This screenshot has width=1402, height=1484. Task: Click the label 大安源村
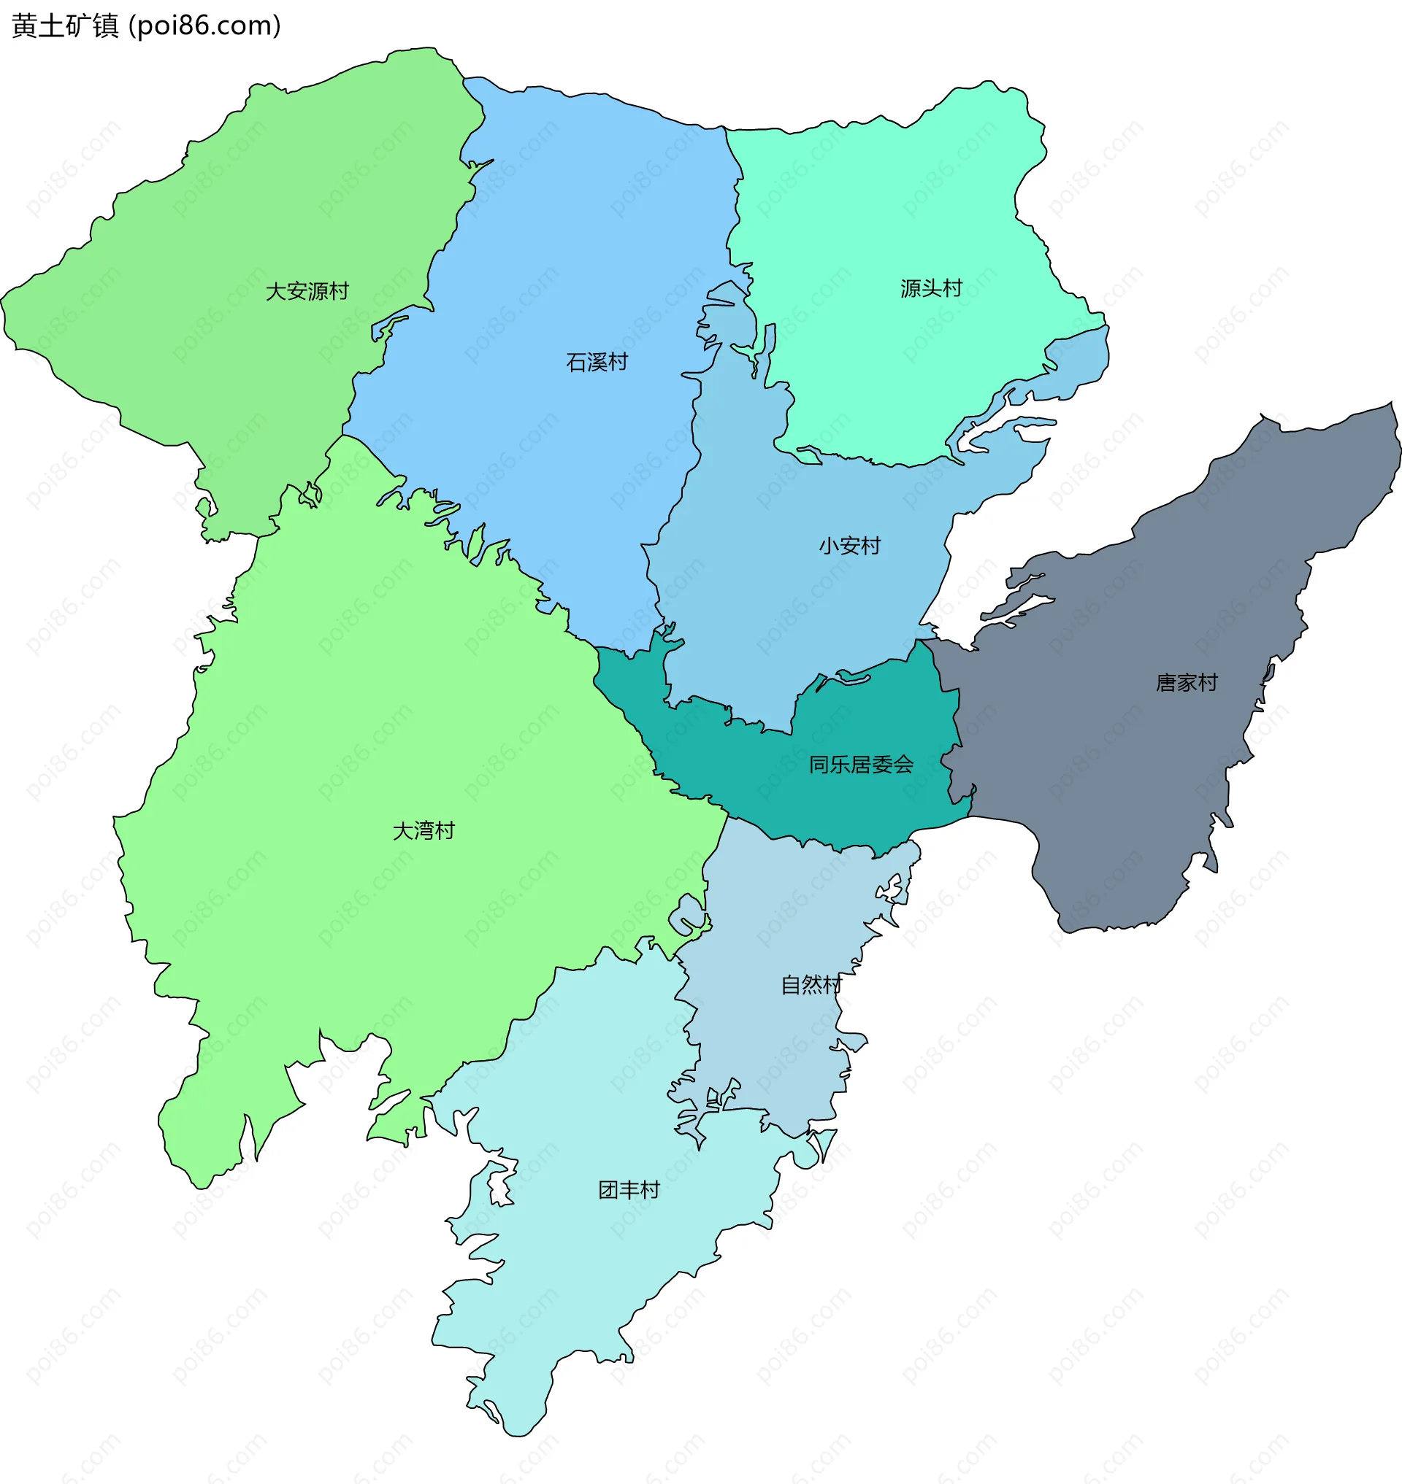pos(307,291)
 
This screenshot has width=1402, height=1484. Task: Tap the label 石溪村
pos(597,362)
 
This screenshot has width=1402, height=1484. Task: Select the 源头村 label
pos(931,288)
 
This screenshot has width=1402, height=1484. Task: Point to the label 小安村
pos(850,546)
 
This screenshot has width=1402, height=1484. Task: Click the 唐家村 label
pos(1187,683)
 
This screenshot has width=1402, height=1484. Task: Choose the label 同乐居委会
pos(861,765)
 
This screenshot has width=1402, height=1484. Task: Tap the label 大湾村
pos(424,830)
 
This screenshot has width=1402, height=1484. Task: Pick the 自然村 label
pos(811,985)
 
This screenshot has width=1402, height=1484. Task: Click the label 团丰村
pos(629,1190)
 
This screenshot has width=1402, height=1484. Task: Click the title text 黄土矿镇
pos(66,26)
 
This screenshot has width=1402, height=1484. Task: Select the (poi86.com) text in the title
pos(204,26)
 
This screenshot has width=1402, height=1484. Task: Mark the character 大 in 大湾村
pos(404,830)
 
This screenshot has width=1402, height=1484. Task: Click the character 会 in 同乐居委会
pos(903,765)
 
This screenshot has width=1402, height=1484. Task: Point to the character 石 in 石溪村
pos(577,362)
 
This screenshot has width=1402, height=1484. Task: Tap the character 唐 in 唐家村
pos(1167,683)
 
